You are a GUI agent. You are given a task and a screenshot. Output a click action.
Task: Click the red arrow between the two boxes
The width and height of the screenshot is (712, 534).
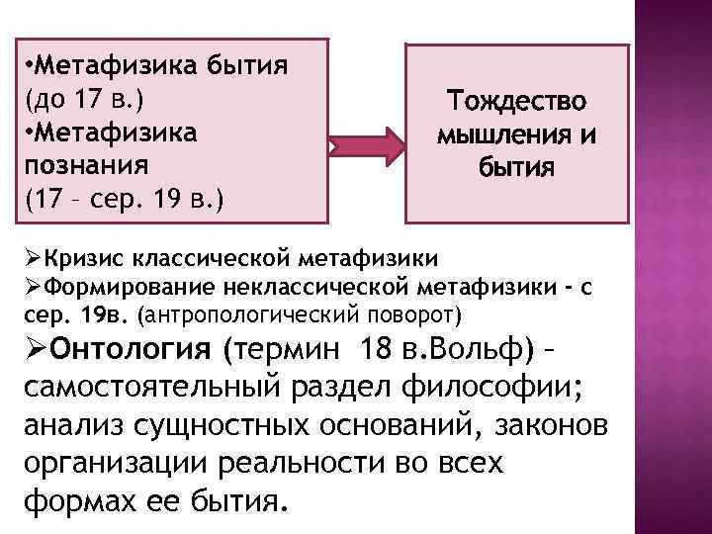pyautogui.click(x=366, y=149)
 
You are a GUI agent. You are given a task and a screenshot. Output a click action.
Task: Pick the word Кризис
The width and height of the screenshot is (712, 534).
pyautogui.click(x=75, y=259)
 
